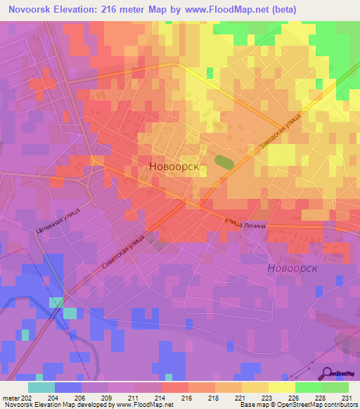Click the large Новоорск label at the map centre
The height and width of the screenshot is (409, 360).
(174, 167)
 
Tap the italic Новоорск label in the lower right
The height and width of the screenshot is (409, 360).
(292, 268)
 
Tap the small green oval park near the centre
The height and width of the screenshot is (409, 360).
(224, 162)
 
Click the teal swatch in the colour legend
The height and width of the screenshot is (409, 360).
(41, 387)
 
